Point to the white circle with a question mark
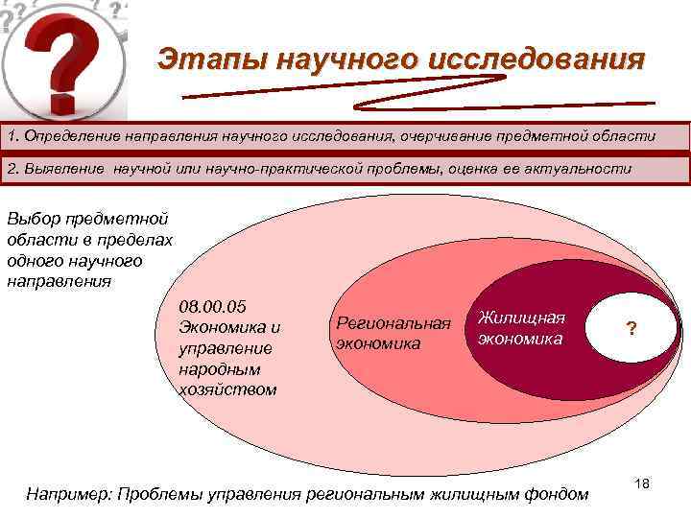click(631, 329)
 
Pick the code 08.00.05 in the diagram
click(213, 307)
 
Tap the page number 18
click(642, 484)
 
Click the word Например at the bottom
click(69, 494)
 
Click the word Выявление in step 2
click(64, 169)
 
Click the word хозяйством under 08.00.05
click(227, 389)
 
